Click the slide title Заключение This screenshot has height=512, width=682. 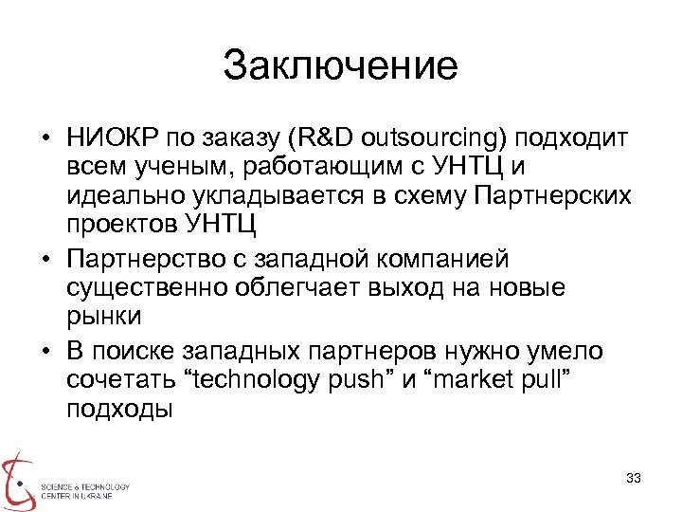click(341, 66)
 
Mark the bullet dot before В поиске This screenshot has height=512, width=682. click(45, 350)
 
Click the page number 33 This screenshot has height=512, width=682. click(634, 477)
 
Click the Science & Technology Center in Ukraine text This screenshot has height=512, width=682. click(84, 490)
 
